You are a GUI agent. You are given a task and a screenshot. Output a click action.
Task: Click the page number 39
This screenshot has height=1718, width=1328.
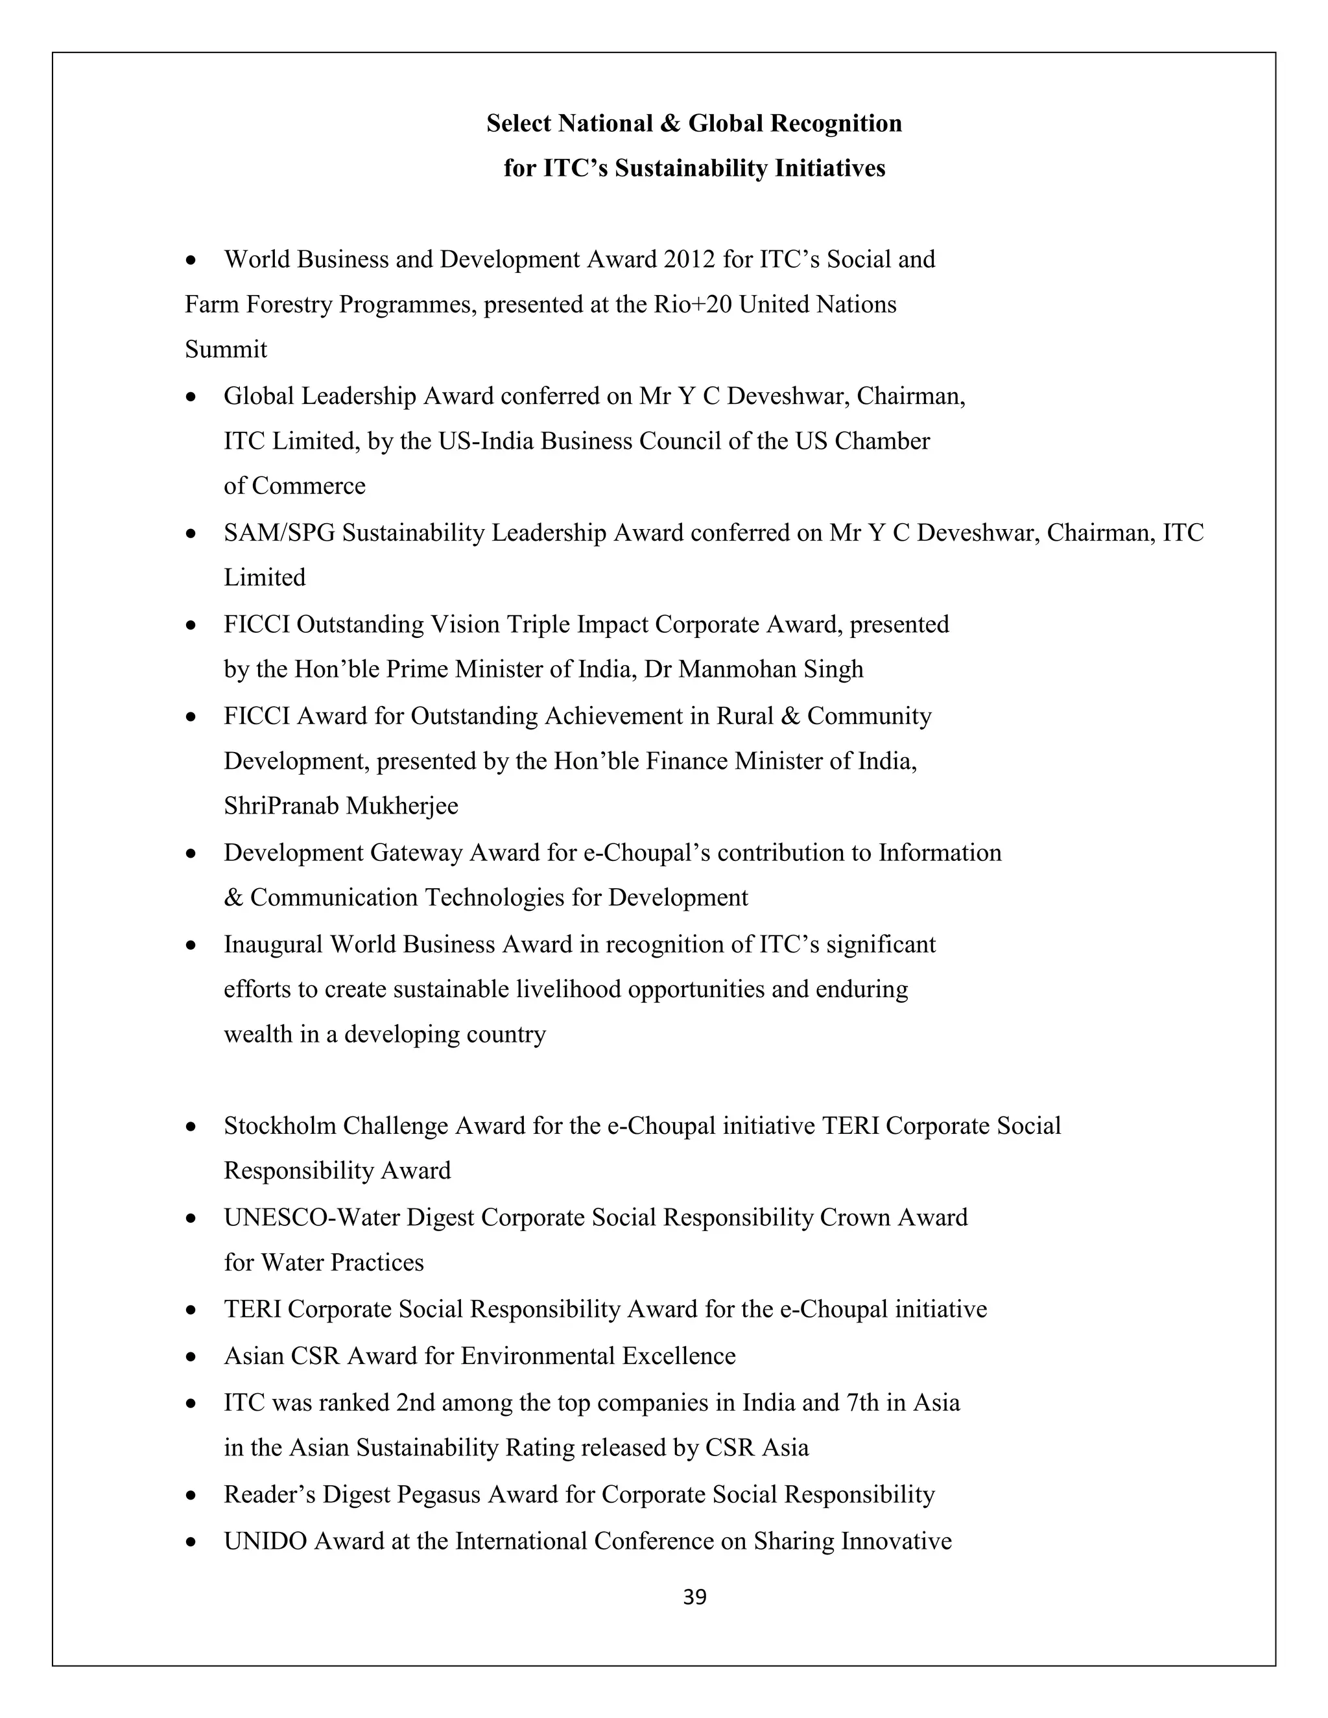tap(694, 1597)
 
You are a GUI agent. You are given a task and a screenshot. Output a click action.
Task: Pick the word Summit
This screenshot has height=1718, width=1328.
tap(226, 349)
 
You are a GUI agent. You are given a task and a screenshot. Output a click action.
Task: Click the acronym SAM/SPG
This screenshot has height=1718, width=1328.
tap(279, 534)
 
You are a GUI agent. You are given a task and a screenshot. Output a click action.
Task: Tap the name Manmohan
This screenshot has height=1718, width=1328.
tap(724, 670)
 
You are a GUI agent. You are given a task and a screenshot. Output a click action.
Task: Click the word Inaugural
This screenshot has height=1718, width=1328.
tap(273, 944)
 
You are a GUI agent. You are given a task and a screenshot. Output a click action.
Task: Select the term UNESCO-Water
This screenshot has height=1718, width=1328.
tap(311, 1218)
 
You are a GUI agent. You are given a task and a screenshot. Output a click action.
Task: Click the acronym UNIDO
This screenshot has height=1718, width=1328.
tap(265, 1540)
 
